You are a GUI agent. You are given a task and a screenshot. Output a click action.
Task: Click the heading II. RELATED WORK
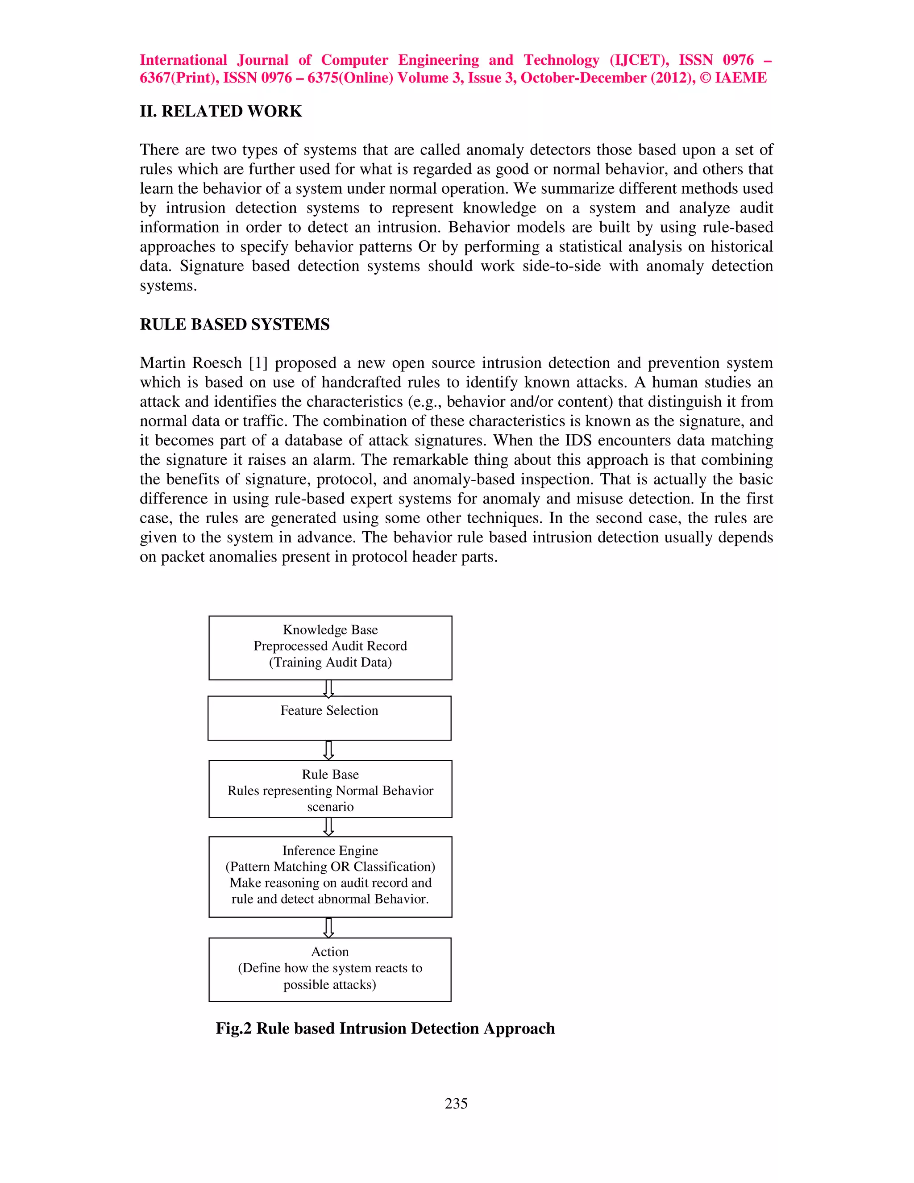[x=220, y=111]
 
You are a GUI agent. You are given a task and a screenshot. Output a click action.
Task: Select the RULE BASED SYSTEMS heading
[x=234, y=325]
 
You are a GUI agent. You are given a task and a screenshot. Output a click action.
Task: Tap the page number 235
[x=456, y=1104]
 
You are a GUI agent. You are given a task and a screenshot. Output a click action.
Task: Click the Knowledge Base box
[x=330, y=648]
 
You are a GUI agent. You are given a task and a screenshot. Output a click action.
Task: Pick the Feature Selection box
[x=329, y=718]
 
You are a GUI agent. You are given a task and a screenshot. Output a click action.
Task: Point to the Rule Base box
[x=330, y=789]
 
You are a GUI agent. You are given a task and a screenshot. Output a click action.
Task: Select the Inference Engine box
[x=330, y=877]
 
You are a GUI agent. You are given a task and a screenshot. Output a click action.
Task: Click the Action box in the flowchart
[x=330, y=970]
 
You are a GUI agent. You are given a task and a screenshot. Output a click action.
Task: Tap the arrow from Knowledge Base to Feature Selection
[x=328, y=688]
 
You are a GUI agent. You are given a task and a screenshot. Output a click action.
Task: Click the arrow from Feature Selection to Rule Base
[x=328, y=750]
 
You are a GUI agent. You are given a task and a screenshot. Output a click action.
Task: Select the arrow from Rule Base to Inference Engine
[x=328, y=827]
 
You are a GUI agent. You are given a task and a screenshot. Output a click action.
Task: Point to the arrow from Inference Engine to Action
[x=328, y=927]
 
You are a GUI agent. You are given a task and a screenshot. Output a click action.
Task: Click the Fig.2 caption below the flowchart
[x=385, y=1029]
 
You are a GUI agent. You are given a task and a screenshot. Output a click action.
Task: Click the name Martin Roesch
[x=190, y=363]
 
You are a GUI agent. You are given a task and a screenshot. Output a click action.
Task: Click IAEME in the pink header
[x=740, y=78]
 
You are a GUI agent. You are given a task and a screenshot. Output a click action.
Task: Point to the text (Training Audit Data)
[x=330, y=662]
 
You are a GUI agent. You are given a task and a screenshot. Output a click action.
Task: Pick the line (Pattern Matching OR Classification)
[x=330, y=866]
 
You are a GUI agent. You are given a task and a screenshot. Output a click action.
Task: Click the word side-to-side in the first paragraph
[x=561, y=267]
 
